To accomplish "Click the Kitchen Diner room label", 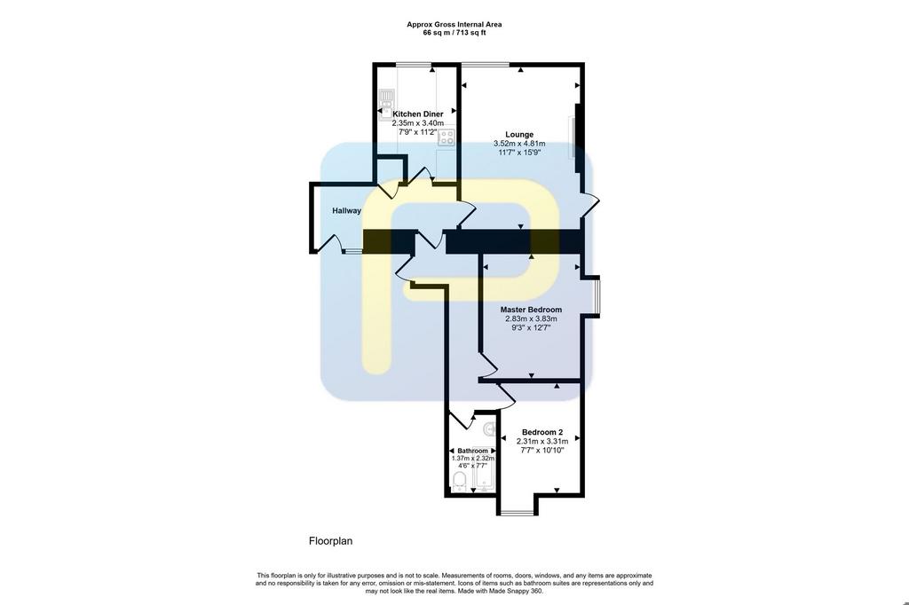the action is click(x=417, y=114).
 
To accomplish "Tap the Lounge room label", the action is click(x=519, y=135).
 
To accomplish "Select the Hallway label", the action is click(x=347, y=211).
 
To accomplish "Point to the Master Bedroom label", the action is click(x=531, y=310).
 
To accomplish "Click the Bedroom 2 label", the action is click(x=542, y=432).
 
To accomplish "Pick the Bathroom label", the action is click(x=473, y=451).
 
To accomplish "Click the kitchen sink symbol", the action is click(x=387, y=103).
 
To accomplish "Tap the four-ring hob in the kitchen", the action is click(x=447, y=137).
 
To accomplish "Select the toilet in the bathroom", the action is click(x=460, y=481).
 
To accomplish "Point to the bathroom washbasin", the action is click(x=490, y=428).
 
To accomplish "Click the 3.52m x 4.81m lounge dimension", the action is click(x=519, y=144).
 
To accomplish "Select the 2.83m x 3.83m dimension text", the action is click(x=531, y=318).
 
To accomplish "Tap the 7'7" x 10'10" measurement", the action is click(x=542, y=451).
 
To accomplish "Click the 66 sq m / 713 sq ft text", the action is click(x=454, y=33).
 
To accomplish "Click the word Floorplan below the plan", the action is click(x=330, y=541).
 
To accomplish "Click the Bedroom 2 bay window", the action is click(x=518, y=512).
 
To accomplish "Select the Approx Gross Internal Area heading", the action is click(x=454, y=24).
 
